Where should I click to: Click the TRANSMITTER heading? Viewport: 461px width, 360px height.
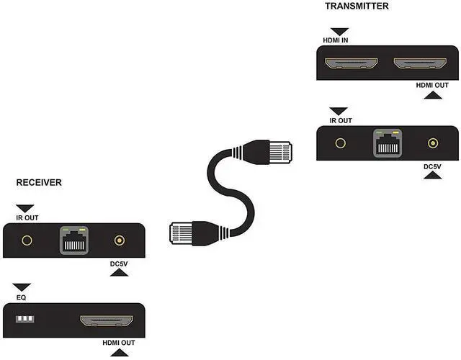357,6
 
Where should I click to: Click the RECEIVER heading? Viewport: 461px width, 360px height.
39,183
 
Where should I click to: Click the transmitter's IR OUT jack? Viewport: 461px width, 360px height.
341,143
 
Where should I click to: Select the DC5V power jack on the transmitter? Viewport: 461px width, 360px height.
433,143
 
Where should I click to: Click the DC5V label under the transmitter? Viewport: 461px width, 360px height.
433,167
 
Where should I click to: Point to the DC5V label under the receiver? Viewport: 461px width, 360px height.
120,264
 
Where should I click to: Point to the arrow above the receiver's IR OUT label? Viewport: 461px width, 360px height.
27,207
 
